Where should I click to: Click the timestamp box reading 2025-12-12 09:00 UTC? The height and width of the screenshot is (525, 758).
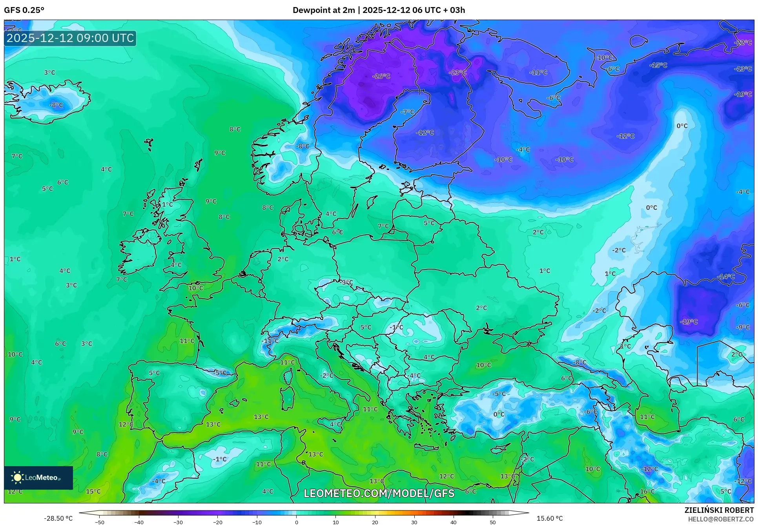click(x=70, y=38)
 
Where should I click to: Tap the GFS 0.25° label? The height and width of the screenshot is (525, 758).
click(x=24, y=10)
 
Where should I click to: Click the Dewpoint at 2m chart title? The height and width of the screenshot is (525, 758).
click(x=379, y=10)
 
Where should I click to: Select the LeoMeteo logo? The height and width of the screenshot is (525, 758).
click(x=38, y=478)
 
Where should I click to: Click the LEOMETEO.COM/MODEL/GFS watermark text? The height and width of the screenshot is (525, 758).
click(x=379, y=493)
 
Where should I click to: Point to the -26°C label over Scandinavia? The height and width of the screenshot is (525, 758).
click(x=381, y=76)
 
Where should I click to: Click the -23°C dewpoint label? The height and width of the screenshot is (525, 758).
click(x=457, y=73)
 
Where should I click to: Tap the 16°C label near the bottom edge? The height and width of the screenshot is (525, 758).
click(x=647, y=491)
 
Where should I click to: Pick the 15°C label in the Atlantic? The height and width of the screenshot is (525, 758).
click(x=93, y=491)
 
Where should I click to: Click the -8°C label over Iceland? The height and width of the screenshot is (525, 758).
click(x=56, y=105)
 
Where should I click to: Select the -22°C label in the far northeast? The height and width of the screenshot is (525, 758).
click(x=743, y=42)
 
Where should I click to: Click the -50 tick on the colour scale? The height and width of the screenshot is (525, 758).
click(x=100, y=522)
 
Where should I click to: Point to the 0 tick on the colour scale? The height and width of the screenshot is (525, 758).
click(x=296, y=522)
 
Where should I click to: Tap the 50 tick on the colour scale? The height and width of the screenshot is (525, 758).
click(x=493, y=522)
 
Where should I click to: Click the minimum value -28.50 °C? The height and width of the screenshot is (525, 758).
click(x=58, y=518)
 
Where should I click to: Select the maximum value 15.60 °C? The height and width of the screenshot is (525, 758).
click(x=549, y=518)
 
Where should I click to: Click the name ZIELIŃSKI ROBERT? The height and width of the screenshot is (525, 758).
click(x=719, y=510)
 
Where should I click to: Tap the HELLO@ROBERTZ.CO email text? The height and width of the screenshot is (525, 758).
click(x=721, y=519)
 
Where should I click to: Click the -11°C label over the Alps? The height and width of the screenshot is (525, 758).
click(x=270, y=341)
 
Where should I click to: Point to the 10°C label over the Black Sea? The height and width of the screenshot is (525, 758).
click(x=483, y=365)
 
